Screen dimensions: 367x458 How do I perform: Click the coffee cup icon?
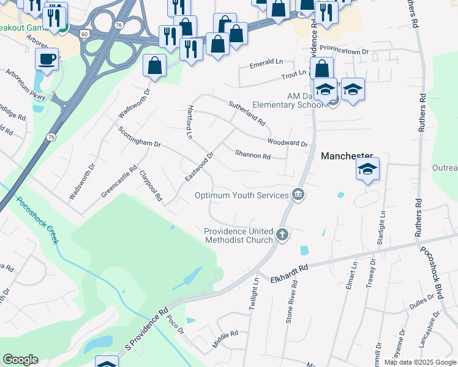pyautogui.click(x=47, y=60)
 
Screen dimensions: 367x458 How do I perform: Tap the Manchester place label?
pyautogui.click(x=347, y=157)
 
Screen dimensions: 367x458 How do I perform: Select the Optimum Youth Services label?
pyautogui.click(x=241, y=195)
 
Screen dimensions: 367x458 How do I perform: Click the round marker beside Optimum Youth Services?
pyautogui.click(x=298, y=195)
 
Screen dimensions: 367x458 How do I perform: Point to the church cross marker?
pyautogui.click(x=282, y=234)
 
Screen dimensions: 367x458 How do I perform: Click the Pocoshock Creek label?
pyautogui.click(x=37, y=220)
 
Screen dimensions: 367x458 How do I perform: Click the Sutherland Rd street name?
pyautogui.click(x=247, y=113)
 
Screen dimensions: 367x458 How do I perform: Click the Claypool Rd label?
pyautogui.click(x=150, y=186)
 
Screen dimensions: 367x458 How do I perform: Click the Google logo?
pyautogui.click(x=20, y=360)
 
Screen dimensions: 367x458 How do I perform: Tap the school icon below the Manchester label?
pyautogui.click(x=367, y=169)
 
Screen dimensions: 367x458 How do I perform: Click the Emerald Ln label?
pyautogui.click(x=266, y=62)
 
